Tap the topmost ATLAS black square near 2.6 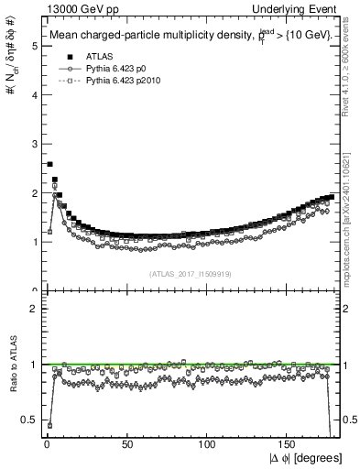[49, 165]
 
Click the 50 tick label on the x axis [125, 444]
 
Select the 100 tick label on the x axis [208, 444]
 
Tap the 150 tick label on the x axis [289, 444]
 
